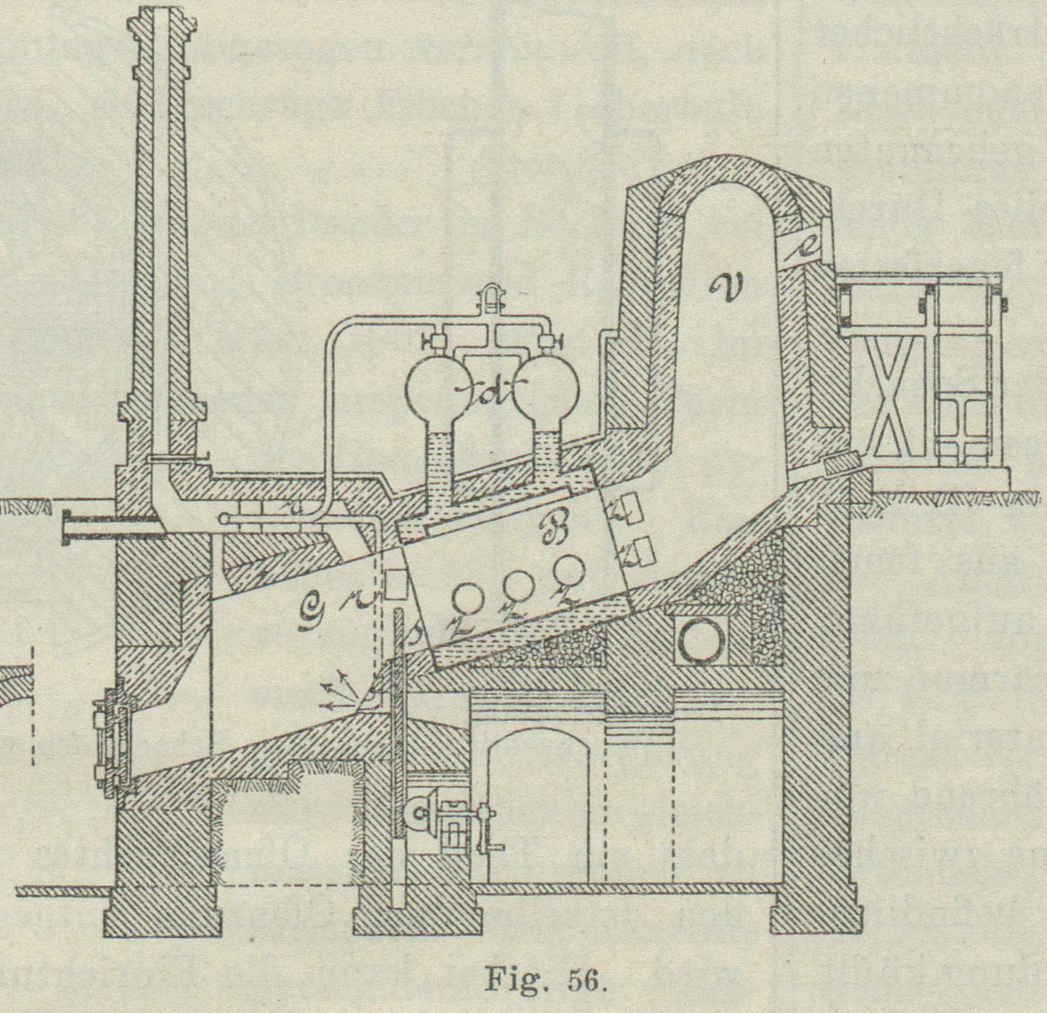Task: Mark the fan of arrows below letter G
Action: tap(338, 691)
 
